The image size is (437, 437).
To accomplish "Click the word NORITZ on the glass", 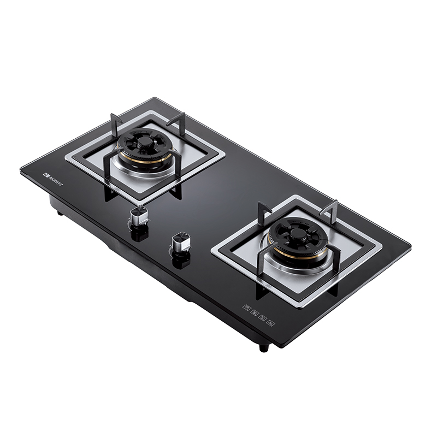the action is click(55, 180).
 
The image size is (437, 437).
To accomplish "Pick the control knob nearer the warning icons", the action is click(180, 244).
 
